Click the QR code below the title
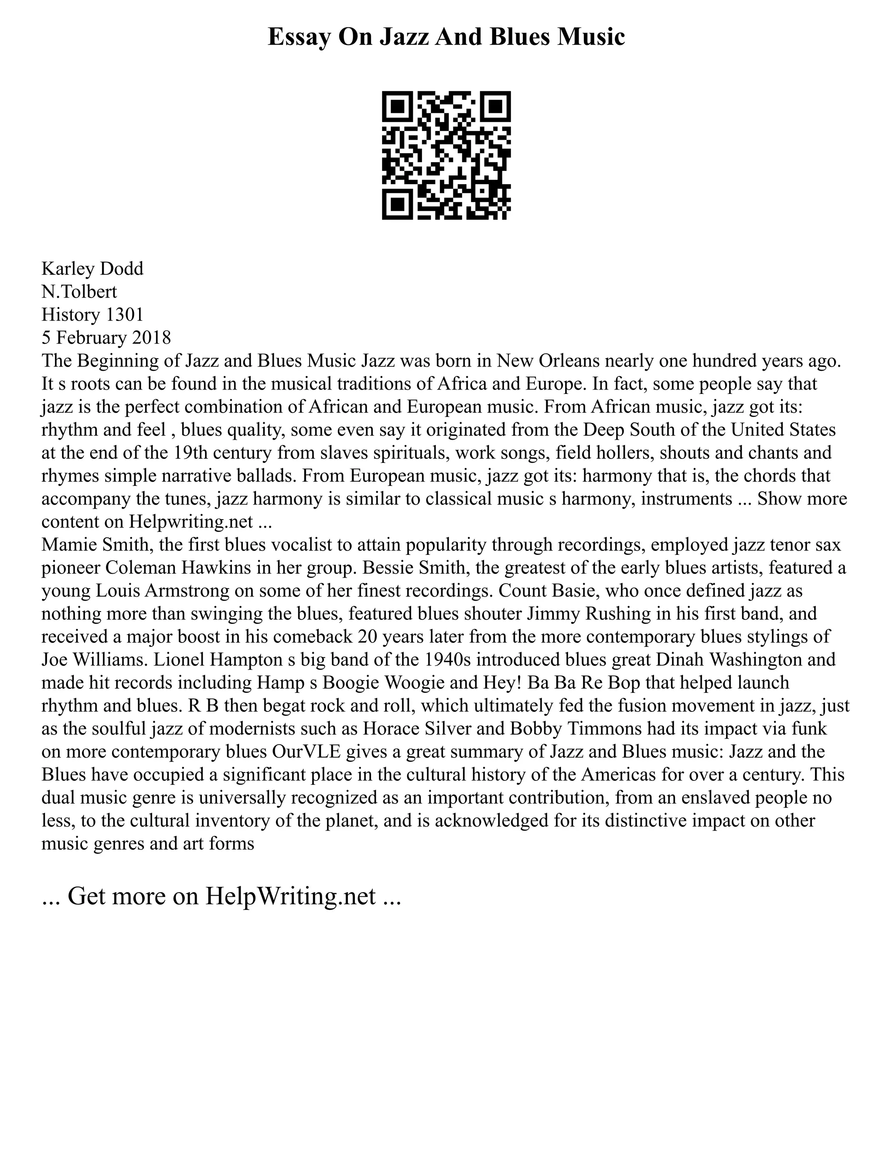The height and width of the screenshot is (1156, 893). (x=446, y=155)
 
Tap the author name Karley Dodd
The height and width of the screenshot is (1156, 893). (x=92, y=269)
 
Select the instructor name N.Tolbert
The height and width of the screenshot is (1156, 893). (x=79, y=292)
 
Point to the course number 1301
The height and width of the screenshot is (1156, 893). (x=124, y=315)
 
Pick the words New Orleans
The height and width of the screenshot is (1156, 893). (x=548, y=361)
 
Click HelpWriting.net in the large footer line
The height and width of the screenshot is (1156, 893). (x=290, y=896)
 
